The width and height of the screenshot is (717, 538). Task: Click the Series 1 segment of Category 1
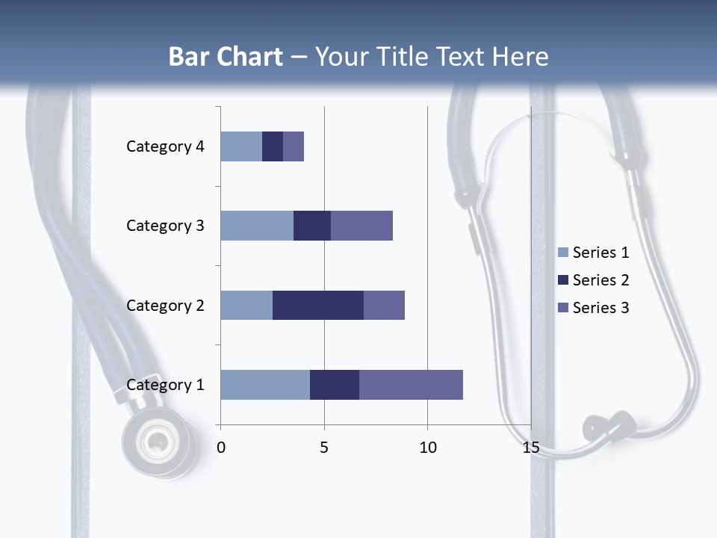(265, 385)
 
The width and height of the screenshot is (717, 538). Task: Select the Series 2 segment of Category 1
(335, 385)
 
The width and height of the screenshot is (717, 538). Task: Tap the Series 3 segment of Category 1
(411, 385)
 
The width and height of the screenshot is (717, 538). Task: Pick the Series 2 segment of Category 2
(318, 305)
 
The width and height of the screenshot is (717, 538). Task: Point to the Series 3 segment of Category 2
(384, 305)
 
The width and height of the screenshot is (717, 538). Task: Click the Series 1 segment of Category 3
(257, 226)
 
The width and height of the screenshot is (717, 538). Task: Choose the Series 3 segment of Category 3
(361, 226)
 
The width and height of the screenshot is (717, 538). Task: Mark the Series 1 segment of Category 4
(241, 146)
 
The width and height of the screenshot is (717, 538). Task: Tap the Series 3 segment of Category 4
(294, 146)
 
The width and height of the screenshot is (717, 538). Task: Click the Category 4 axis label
(165, 146)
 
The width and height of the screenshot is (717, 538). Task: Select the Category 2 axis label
(165, 306)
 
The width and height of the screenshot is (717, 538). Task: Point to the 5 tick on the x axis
(324, 448)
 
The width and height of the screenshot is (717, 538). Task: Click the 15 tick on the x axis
(531, 448)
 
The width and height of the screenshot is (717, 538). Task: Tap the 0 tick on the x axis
(221, 448)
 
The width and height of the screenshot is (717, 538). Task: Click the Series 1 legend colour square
(562, 253)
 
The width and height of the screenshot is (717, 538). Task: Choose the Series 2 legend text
(600, 280)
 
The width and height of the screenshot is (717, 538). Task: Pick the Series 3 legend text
(600, 308)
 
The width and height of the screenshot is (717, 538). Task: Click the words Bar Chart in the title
(226, 57)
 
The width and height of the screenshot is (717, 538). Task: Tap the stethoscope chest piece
(158, 442)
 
